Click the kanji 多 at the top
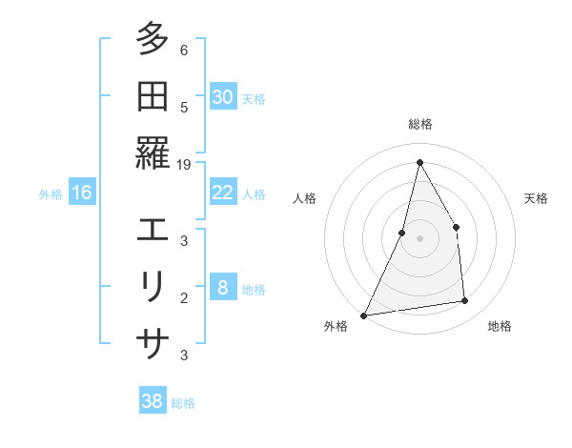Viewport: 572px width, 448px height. pos(153,40)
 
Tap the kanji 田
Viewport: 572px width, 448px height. pos(153,96)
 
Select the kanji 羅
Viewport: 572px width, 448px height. pos(153,153)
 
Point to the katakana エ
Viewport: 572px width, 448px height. pos(153,230)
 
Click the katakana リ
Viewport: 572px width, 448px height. pos(153,286)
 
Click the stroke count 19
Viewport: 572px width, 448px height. pos(184,164)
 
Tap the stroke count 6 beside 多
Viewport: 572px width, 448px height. pos(184,51)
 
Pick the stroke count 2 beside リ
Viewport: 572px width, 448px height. pos(184,297)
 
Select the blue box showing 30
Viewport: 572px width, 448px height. pos(223,97)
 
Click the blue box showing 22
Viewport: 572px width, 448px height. pos(223,193)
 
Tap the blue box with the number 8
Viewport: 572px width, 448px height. pos(223,288)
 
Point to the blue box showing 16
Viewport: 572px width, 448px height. pos(82,193)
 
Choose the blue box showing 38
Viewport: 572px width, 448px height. pos(153,401)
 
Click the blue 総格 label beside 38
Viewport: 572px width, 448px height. pos(183,402)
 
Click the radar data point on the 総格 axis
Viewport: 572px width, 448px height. pos(419,161)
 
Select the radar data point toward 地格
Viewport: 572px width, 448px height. pos(465,301)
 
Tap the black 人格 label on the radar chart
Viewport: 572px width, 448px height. pos(304,198)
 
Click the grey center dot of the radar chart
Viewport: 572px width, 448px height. pos(419,238)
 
